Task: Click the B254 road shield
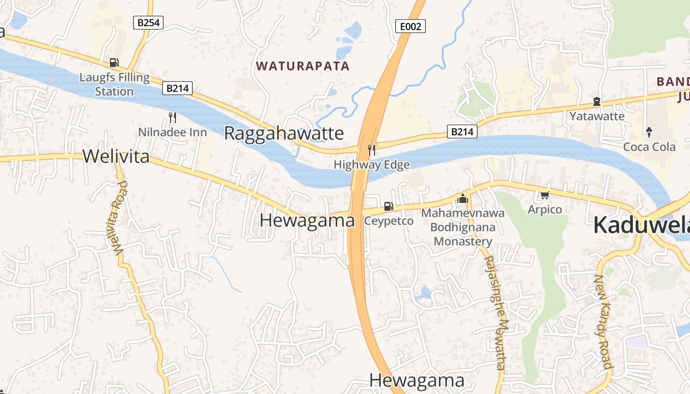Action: point(148,22)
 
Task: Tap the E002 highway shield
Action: point(411,26)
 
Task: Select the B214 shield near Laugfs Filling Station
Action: point(177,89)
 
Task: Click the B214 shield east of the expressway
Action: point(462,131)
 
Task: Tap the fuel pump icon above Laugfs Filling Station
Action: point(114,63)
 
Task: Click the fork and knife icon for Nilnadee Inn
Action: point(172,117)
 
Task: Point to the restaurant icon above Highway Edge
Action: point(372,150)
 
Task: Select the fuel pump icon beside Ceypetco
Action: point(388,206)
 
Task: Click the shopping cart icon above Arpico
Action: point(545,196)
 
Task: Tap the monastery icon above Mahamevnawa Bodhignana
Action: point(462,198)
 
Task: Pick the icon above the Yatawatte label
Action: point(597,102)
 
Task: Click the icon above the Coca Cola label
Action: point(649,132)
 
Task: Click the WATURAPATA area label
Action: point(303,66)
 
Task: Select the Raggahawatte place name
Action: point(284,133)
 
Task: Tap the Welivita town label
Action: point(116,156)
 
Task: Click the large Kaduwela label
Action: point(641,225)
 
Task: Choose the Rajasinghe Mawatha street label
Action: point(495,313)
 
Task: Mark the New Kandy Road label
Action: point(602,321)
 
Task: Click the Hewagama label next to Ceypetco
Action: point(307,221)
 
